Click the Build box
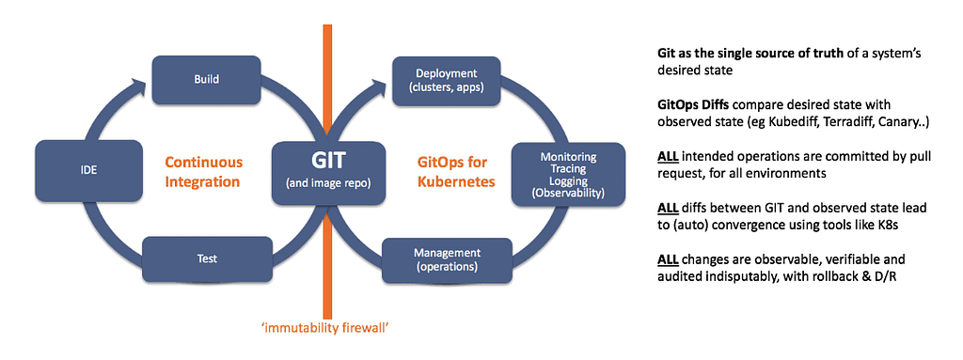pos(207,80)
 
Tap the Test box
pos(208,258)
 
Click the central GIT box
pos(329,173)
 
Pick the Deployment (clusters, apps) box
pos(447,80)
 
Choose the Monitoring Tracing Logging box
pos(568,175)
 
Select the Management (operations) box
pos(447,259)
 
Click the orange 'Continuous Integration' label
pos(203,172)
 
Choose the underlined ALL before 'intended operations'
pos(668,157)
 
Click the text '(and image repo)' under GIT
pos(329,183)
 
